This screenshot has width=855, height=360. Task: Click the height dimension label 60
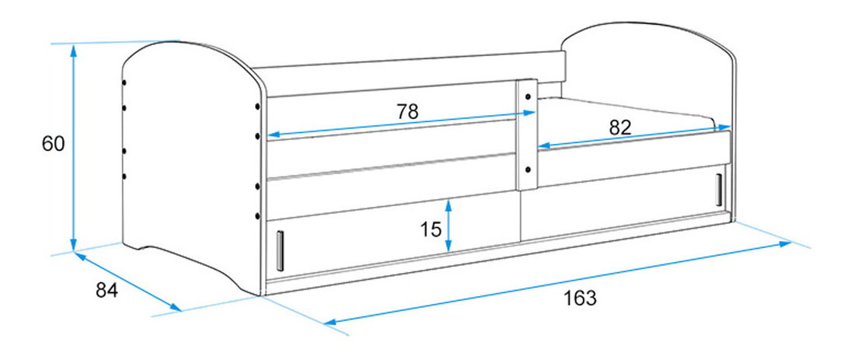[x=54, y=143]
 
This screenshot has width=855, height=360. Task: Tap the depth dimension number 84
[x=107, y=290]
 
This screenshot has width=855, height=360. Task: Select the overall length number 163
[x=580, y=299]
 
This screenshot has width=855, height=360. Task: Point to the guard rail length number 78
[x=407, y=111]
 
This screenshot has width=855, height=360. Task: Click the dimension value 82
[x=620, y=128]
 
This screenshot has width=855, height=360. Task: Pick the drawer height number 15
[x=431, y=229]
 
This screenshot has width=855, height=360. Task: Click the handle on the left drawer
[x=280, y=251]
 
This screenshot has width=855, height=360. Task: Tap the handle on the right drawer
[x=719, y=190]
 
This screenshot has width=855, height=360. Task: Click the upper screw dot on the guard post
[x=528, y=96]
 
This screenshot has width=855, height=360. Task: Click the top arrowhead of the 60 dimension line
[x=73, y=51]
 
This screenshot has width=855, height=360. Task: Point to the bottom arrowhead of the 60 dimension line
[x=73, y=245]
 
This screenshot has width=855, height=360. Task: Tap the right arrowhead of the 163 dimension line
[x=785, y=244]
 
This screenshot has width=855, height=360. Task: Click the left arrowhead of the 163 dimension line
[x=331, y=323]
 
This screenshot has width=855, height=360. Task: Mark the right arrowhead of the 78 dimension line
[x=529, y=113]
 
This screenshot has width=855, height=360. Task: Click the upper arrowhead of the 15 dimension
[x=448, y=205]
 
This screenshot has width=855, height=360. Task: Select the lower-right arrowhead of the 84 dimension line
[x=176, y=308]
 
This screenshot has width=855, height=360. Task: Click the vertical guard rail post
[x=527, y=135]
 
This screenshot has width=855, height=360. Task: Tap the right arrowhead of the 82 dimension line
[x=724, y=127]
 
